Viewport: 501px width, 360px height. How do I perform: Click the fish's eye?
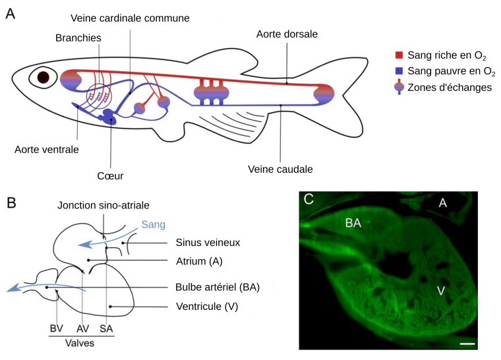click(x=44, y=77)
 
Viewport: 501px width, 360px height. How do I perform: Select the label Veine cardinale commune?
click(x=131, y=17)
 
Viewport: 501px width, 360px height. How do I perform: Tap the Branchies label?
click(x=78, y=38)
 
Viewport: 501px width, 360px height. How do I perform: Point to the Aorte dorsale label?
click(x=287, y=33)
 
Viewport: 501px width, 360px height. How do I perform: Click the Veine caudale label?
click(x=280, y=169)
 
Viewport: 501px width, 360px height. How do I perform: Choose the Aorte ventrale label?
click(x=47, y=149)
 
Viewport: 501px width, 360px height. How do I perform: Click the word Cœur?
click(x=109, y=175)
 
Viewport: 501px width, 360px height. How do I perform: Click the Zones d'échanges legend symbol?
click(x=398, y=88)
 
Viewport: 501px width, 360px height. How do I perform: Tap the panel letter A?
click(x=10, y=14)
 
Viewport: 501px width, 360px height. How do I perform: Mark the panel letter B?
click(x=11, y=202)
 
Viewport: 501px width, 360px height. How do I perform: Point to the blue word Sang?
click(x=153, y=225)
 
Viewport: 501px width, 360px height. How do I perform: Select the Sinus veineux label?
click(x=208, y=242)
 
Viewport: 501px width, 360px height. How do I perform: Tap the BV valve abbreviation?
click(x=57, y=328)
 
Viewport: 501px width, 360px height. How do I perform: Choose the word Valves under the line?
click(x=80, y=344)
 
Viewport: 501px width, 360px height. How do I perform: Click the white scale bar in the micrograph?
click(x=467, y=344)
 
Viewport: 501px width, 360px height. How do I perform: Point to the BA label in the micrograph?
click(x=353, y=223)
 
